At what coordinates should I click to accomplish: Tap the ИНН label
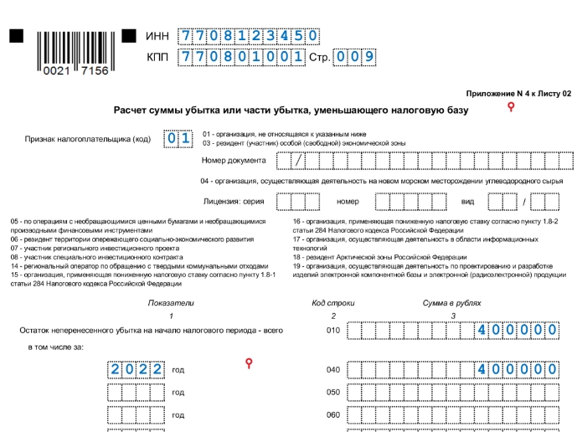click(157, 36)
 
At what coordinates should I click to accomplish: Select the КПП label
click(157, 58)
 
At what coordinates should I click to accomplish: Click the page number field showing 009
click(355, 58)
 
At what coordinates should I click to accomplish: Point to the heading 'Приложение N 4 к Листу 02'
click(518, 94)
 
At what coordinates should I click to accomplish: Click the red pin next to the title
click(510, 108)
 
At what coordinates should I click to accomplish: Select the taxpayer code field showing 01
click(178, 138)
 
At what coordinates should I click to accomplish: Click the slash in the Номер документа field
click(296, 160)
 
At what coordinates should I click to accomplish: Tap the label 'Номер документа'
click(234, 160)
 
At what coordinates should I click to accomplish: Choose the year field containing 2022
click(135, 369)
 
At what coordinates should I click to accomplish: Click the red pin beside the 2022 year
click(247, 363)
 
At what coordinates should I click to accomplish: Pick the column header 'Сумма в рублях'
click(453, 302)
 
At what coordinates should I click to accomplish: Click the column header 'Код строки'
click(333, 302)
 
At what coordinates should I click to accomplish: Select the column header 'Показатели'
click(171, 302)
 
